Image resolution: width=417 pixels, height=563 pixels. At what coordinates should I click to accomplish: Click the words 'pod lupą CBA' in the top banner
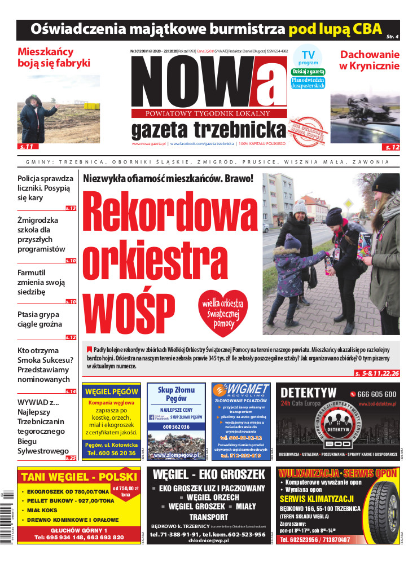(x=335, y=29)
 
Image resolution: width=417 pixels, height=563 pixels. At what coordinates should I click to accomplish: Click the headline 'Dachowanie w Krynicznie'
(x=369, y=60)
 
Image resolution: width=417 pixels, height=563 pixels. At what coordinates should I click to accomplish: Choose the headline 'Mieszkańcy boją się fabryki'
(x=54, y=58)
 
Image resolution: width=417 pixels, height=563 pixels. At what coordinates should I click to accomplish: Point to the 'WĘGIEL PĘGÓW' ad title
(x=111, y=392)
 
